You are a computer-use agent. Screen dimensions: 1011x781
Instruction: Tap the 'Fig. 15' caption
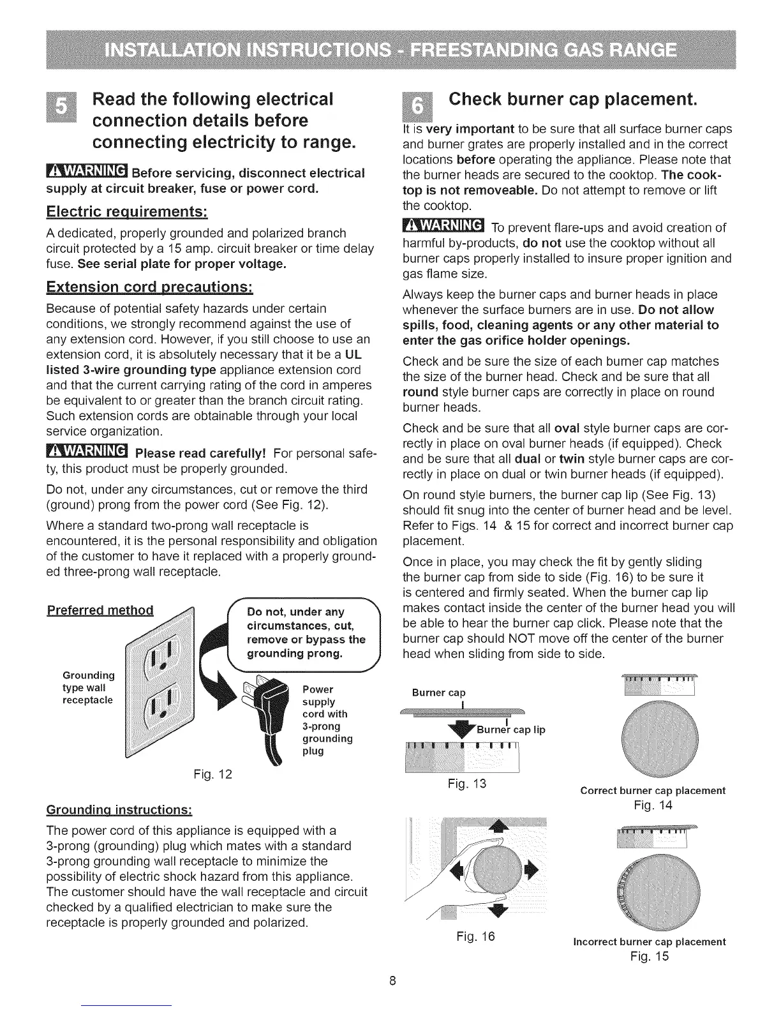pyautogui.click(x=650, y=956)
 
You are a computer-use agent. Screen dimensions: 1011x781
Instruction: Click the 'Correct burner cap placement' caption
pyautogui.click(x=652, y=790)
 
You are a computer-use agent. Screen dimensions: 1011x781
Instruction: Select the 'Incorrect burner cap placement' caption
pyautogui.click(x=650, y=941)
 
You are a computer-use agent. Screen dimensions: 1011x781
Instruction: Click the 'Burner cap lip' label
pyautogui.click(x=510, y=730)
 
